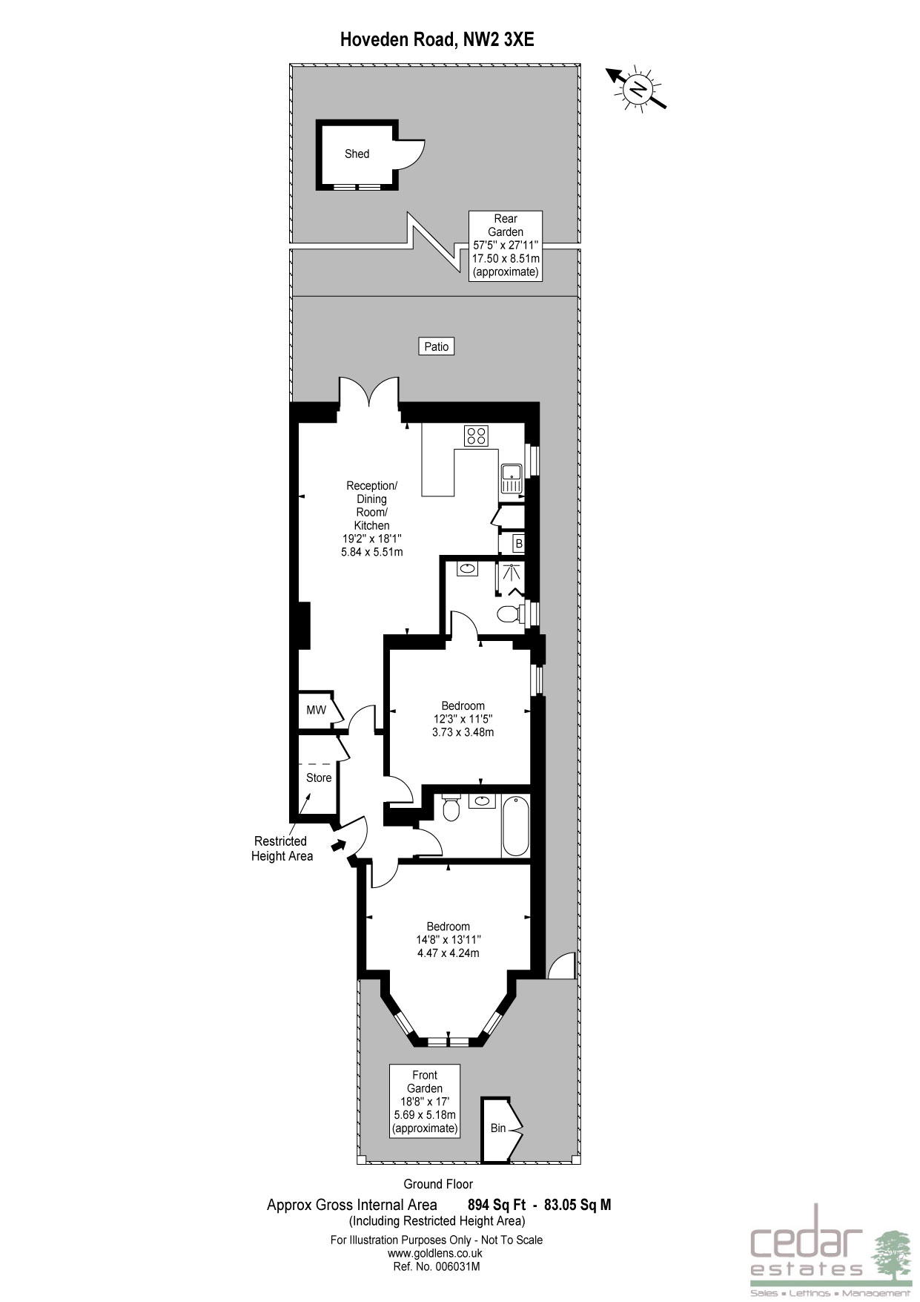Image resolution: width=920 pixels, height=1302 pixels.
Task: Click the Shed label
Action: pos(357,154)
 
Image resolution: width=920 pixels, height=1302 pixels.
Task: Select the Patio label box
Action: pos(437,346)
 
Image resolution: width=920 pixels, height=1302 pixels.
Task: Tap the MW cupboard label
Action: pos(317,710)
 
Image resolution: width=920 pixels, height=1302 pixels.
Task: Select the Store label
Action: pos(319,777)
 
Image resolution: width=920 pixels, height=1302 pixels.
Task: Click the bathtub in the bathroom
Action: pos(515,826)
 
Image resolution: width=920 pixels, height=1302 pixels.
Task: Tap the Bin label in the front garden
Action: pos(498,1128)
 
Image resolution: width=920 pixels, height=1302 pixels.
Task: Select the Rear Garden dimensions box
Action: pos(506,246)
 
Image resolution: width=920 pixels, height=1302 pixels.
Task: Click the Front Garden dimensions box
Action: pos(425,1102)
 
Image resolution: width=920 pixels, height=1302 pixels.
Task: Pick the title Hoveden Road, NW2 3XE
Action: pos(437,40)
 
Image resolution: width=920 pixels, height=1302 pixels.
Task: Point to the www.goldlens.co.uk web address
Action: pos(435,1253)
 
